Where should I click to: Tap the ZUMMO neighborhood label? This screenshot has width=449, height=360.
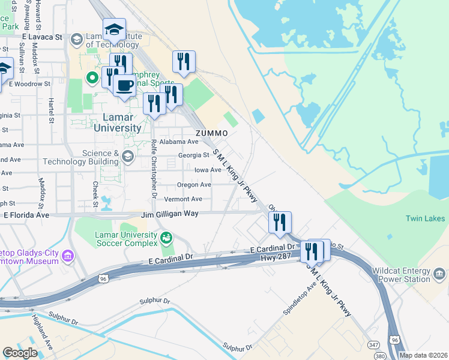tap(211, 133)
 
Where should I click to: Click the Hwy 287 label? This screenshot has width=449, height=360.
tap(276, 257)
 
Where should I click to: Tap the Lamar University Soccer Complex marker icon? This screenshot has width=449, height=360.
tap(166, 238)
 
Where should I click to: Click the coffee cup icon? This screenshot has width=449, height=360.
tap(125, 85)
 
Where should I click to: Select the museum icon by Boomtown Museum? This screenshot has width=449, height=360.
tap(67, 257)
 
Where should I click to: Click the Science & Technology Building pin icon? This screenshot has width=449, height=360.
tap(127, 157)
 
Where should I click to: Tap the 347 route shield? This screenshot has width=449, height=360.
tap(373, 344)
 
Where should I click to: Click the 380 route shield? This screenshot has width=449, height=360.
tap(380, 356)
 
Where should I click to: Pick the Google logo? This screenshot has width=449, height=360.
tap(19, 353)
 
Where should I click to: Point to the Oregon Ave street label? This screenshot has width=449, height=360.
tap(194, 185)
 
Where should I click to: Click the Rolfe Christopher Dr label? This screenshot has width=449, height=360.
tap(154, 170)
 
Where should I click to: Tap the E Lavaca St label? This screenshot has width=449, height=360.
tap(42, 37)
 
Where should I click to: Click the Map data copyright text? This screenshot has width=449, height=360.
tap(423, 356)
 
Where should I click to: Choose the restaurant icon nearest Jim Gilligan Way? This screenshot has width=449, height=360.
tap(280, 223)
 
